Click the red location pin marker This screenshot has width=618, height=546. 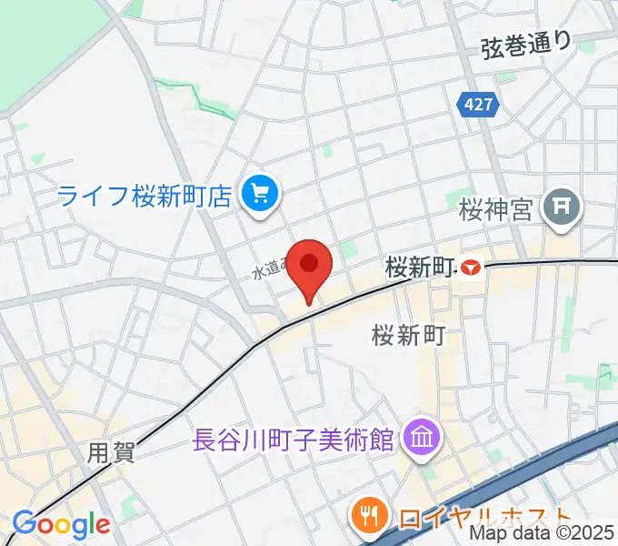click(x=309, y=267)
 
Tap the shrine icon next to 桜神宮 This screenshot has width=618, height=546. click(x=561, y=209)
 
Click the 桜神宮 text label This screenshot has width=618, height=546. click(x=494, y=210)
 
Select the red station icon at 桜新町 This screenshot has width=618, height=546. click(x=470, y=268)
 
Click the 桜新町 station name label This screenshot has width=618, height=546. click(x=419, y=268)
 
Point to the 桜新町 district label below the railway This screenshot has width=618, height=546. click(x=407, y=336)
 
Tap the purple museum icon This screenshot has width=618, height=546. click(x=422, y=440)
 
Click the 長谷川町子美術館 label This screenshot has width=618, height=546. click(x=294, y=440)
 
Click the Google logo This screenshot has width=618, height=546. click(x=61, y=524)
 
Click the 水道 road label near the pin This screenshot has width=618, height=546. click(x=269, y=268)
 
